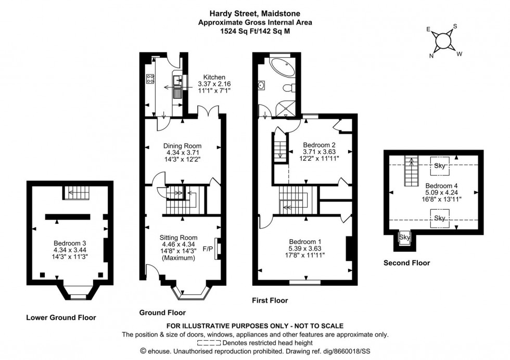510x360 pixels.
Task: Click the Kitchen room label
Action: point(214,76)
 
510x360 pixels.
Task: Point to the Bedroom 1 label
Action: point(305,241)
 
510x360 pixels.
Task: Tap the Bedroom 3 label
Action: point(69,243)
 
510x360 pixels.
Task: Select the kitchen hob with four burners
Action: point(149,80)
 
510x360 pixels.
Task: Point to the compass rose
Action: point(443,40)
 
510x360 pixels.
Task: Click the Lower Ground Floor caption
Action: point(62,317)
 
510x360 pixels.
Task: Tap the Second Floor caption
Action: point(406,263)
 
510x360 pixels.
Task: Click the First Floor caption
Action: point(270,300)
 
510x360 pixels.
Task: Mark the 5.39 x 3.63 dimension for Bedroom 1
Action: point(305,249)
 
